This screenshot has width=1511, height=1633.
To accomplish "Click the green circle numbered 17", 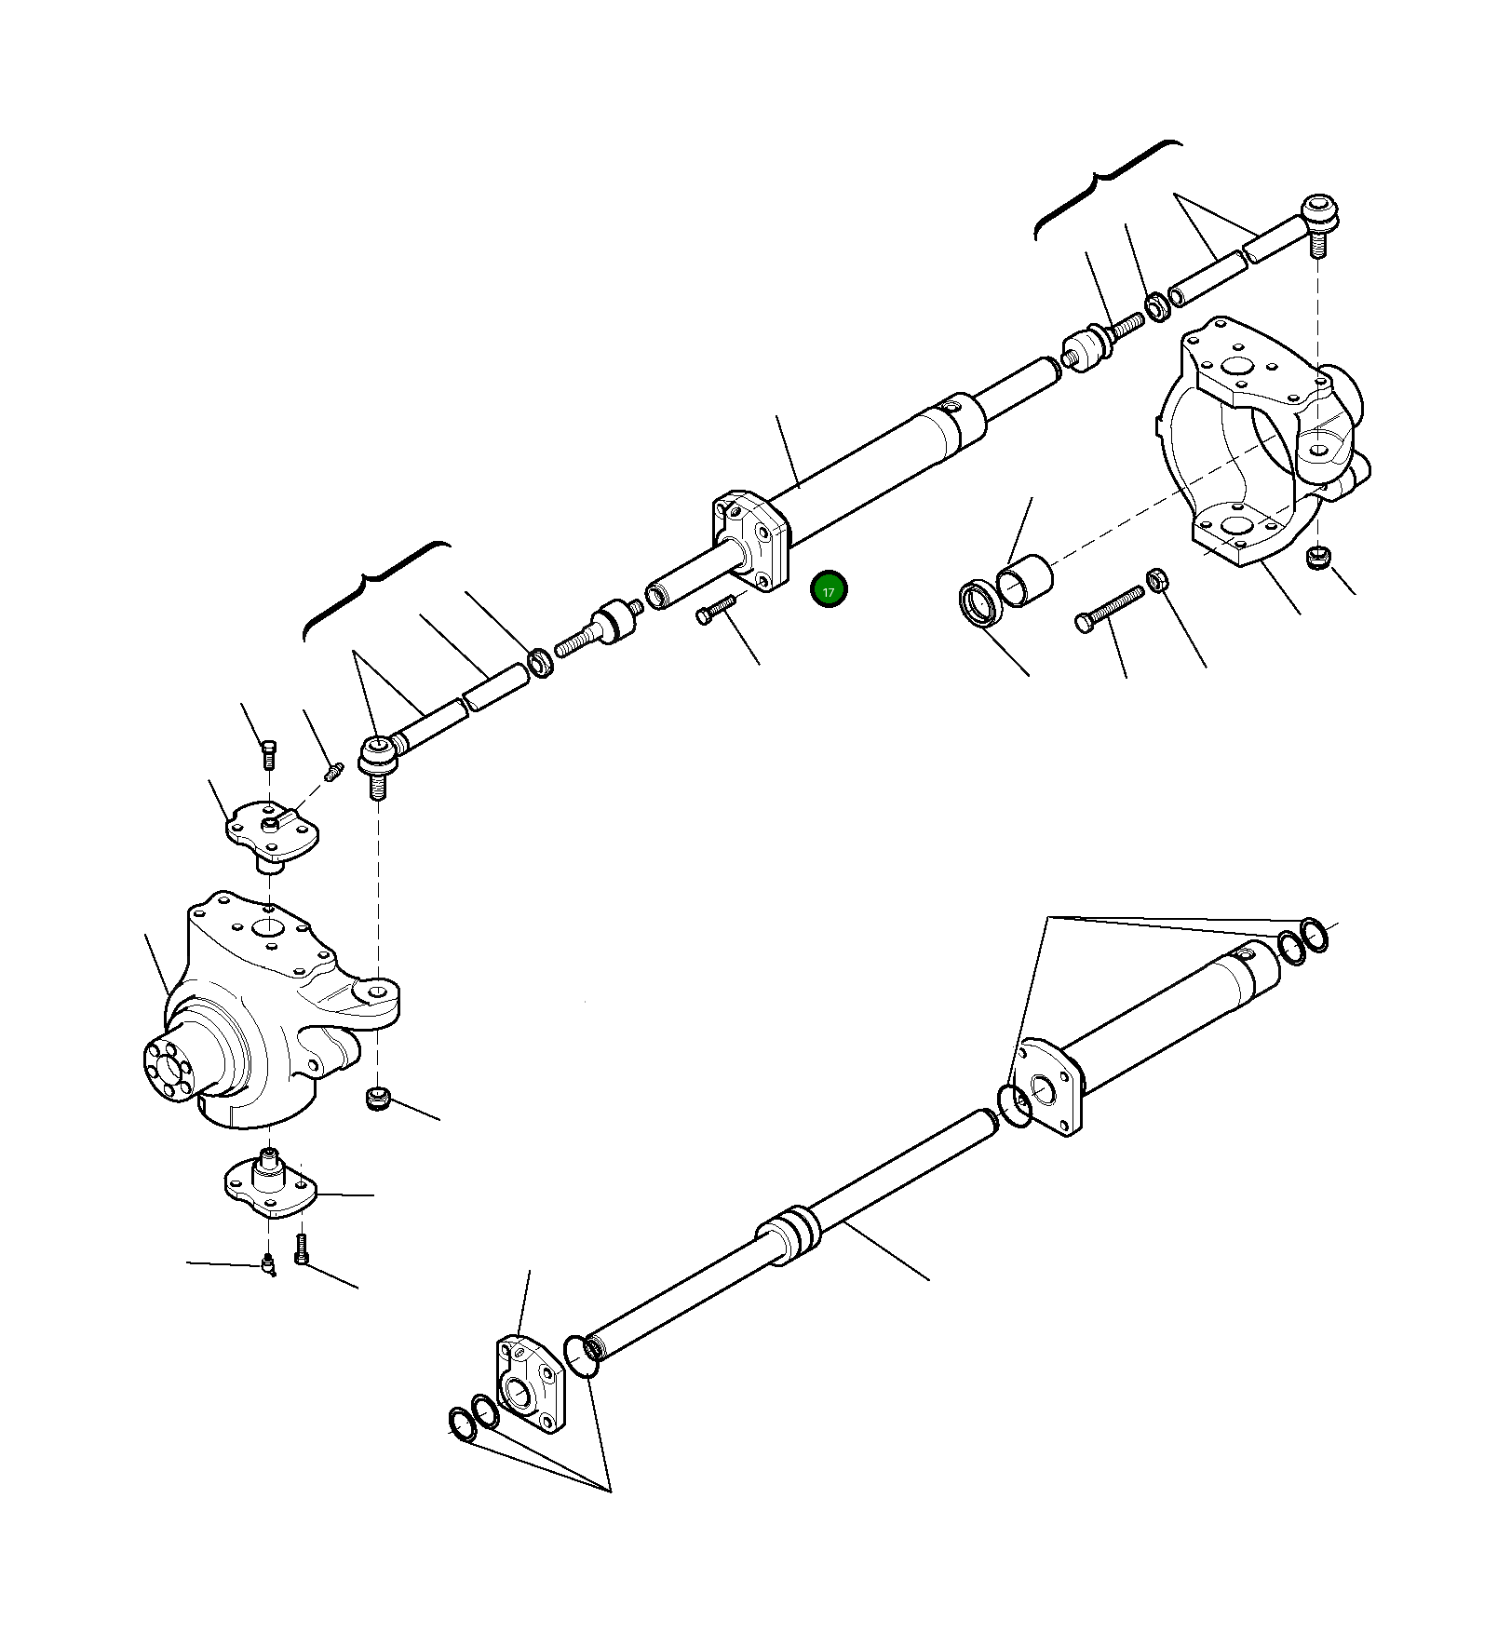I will click(x=829, y=590).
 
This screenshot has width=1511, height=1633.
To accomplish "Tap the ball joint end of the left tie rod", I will click(x=378, y=756).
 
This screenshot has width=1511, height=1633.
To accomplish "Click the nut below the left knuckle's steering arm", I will click(x=377, y=1099).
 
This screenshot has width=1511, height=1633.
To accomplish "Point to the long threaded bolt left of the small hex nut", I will click(x=1109, y=609).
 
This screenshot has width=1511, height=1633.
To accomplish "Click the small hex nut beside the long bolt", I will click(x=1158, y=581).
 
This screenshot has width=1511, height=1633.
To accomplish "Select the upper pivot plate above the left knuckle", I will click(x=272, y=830).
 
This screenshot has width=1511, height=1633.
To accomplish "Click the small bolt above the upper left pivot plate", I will click(x=269, y=750).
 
